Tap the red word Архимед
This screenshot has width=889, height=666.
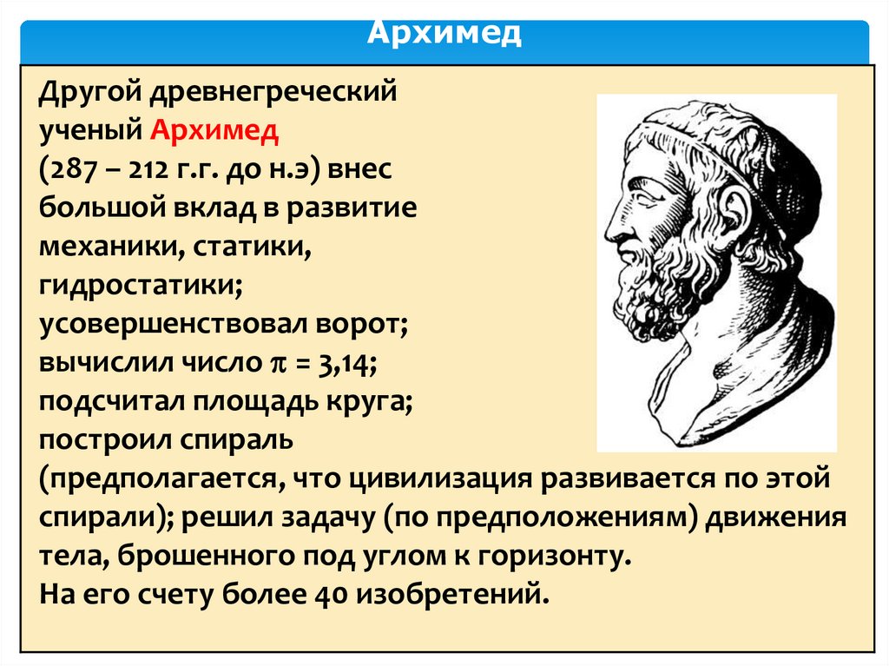[x=215, y=130]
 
